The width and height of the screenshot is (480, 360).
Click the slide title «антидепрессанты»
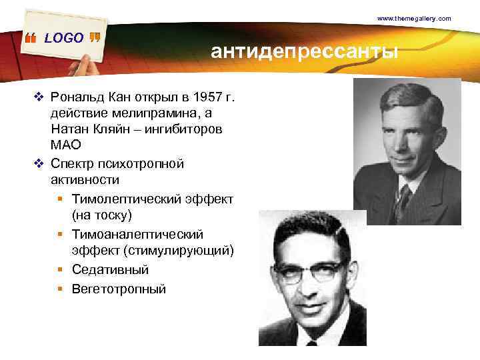304,51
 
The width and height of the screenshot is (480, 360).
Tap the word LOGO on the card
64,38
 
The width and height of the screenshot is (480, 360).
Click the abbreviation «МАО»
65,145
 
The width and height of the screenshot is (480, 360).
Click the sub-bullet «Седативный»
110,270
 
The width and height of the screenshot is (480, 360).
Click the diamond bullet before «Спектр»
39,163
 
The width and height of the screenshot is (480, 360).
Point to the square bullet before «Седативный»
60,271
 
